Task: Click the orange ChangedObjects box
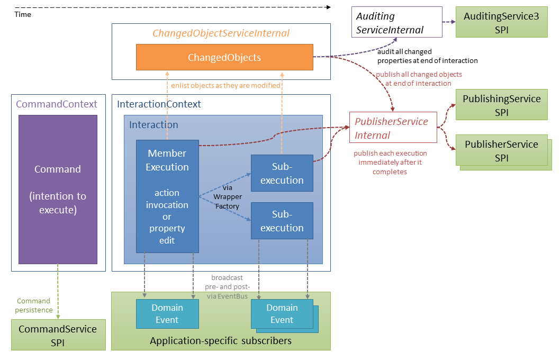coord(224,57)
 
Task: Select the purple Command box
coord(58,189)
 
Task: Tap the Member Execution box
coord(167,196)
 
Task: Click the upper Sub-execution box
coord(282,173)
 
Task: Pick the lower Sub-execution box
coord(282,221)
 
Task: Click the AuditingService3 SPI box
coord(501,23)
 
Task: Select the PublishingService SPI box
coord(501,105)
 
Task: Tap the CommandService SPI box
coord(58,335)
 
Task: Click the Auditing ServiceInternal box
coord(396,23)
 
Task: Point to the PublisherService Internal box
coord(393,128)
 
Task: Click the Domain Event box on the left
coord(167,313)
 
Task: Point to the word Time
coord(23,15)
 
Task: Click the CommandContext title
coord(57,104)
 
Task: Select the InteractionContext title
coord(159,104)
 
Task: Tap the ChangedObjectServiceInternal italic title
coord(221,33)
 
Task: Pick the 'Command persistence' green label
coord(34,305)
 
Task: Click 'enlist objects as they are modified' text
coord(225,85)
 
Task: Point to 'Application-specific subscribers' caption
coord(220,340)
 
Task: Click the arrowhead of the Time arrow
coord(328,7)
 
